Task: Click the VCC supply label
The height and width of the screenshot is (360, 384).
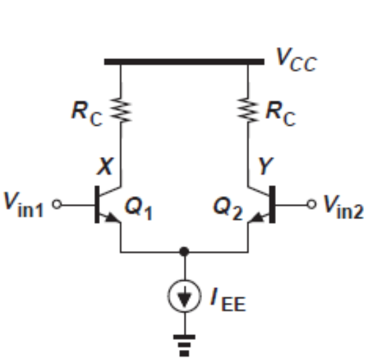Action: click(x=296, y=60)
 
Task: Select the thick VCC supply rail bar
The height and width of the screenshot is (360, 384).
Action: click(x=185, y=62)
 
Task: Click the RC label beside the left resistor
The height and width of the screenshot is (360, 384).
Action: click(x=88, y=112)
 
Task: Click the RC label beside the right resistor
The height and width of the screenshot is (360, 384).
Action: click(x=281, y=112)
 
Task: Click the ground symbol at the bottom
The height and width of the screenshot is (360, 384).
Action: click(x=185, y=342)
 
